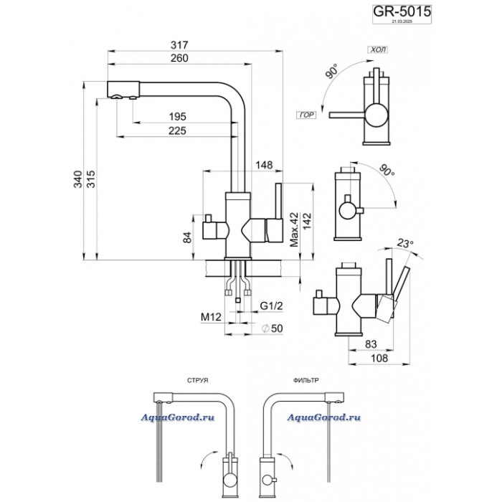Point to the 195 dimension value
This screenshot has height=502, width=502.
[177, 116]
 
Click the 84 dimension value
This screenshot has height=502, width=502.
[188, 237]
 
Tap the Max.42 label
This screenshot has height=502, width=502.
[293, 229]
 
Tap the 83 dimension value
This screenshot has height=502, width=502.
[372, 343]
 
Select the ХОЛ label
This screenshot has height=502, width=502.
[376, 51]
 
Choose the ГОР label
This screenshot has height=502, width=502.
[304, 115]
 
